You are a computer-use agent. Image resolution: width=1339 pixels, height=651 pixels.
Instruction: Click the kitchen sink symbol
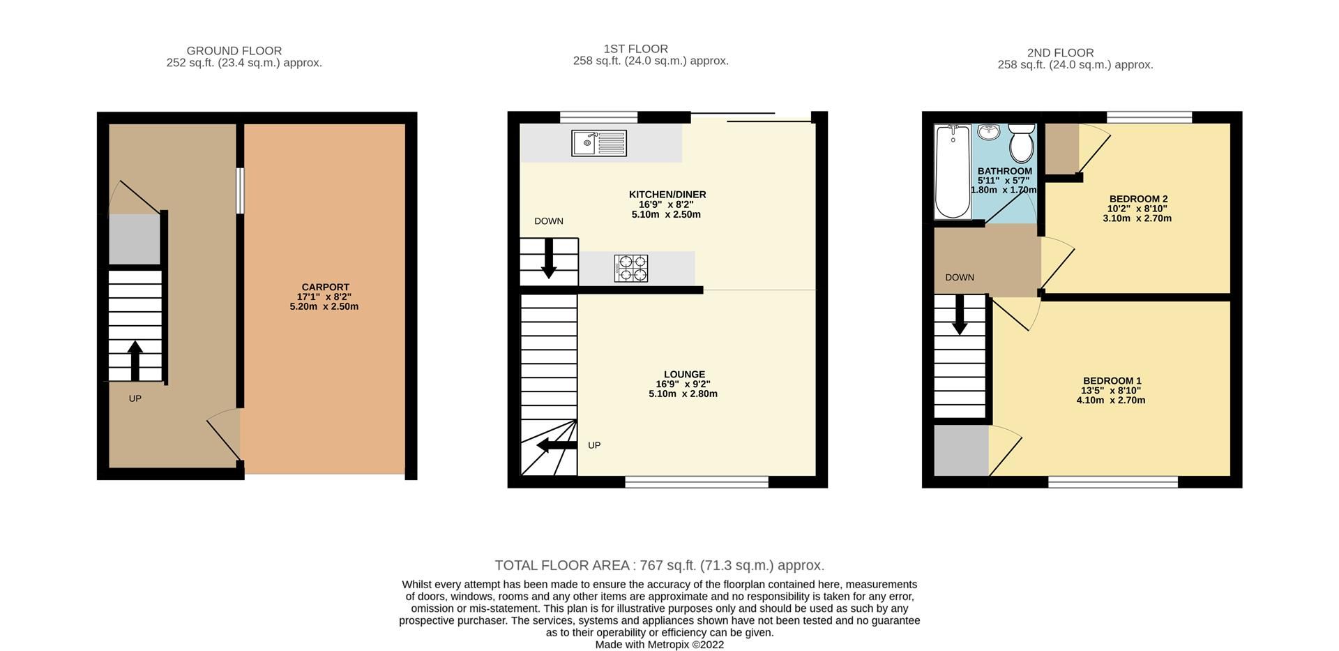pos(598,143)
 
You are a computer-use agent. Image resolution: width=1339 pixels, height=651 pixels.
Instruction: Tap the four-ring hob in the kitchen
pos(630,269)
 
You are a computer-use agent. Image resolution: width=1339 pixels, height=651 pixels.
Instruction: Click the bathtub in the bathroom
pos(952,171)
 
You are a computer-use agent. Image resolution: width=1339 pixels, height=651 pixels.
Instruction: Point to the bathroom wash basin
pos(989,132)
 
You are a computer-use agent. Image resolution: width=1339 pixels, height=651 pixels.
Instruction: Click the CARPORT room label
pos(325,287)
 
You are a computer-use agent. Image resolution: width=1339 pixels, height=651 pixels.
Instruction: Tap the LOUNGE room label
pos(684,374)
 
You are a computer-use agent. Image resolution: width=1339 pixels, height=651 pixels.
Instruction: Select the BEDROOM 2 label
pos(1138,199)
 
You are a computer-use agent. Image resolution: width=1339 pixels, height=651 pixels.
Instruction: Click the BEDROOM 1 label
pos(1112,381)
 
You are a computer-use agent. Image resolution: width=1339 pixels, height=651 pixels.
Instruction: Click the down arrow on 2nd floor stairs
pos(960,315)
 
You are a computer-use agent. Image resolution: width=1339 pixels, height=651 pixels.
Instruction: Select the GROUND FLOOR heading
pos(234,51)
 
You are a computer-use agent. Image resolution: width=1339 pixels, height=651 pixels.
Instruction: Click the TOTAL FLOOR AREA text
pos(659,565)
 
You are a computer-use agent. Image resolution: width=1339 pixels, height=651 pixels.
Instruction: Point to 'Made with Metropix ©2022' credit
pos(659,645)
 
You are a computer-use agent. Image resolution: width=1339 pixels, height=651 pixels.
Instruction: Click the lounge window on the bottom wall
pos(697,481)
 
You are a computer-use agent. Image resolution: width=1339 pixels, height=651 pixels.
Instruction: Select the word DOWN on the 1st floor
pos(549,221)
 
